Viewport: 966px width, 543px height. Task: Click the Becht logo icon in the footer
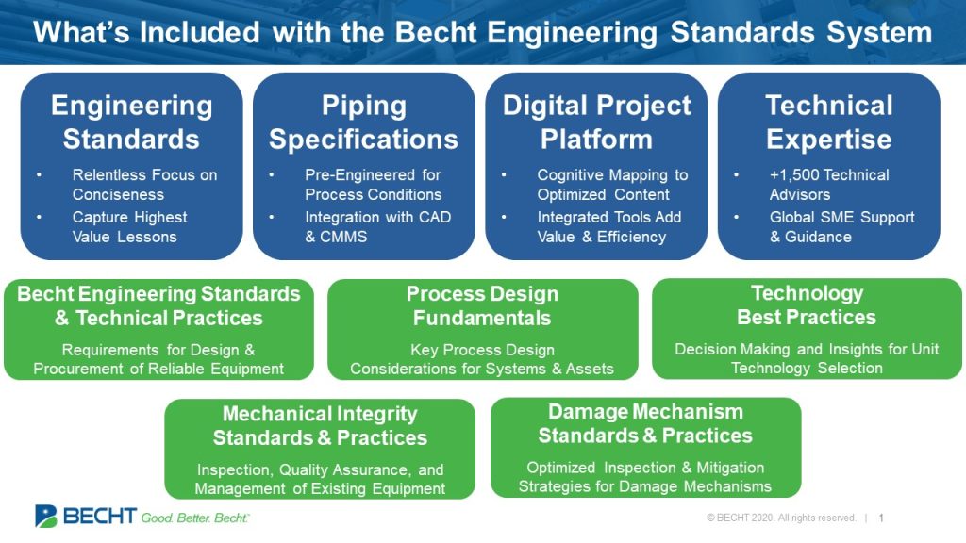pyautogui.click(x=46, y=516)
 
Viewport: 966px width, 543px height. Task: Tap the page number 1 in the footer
pyautogui.click(x=881, y=518)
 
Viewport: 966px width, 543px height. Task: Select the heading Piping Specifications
pyautogui.click(x=363, y=123)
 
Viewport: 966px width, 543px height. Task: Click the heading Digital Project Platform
pyautogui.click(x=596, y=123)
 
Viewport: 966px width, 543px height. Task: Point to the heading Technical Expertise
pyautogui.click(x=828, y=123)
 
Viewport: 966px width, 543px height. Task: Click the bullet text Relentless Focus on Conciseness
pyautogui.click(x=143, y=185)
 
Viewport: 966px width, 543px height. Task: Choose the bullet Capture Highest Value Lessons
pyautogui.click(x=129, y=227)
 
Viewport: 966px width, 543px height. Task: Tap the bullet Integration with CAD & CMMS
pyautogui.click(x=377, y=227)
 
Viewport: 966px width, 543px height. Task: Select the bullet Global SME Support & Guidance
pyautogui.click(x=841, y=227)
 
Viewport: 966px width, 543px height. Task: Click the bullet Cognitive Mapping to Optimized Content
pyautogui.click(x=612, y=185)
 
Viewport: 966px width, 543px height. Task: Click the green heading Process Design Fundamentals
pyautogui.click(x=482, y=305)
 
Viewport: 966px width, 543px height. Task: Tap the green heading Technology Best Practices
pyautogui.click(x=807, y=304)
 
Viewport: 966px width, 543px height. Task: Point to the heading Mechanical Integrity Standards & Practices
pyautogui.click(x=320, y=426)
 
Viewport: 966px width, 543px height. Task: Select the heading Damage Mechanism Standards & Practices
pyautogui.click(x=645, y=423)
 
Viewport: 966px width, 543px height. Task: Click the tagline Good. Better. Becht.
pyautogui.click(x=195, y=518)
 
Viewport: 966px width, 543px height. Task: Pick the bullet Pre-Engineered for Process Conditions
pyautogui.click(x=373, y=185)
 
